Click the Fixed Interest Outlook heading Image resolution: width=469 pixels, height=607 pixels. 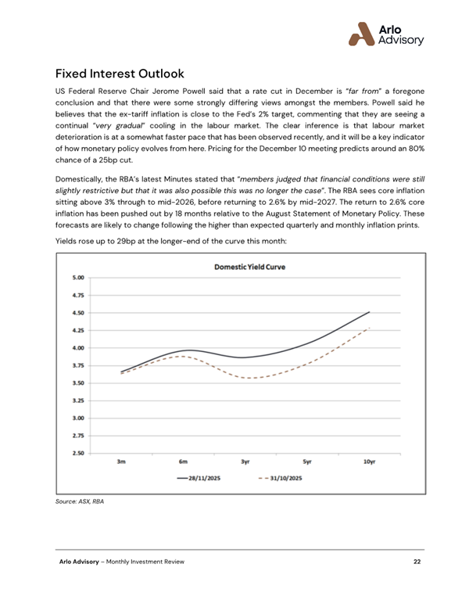(120, 74)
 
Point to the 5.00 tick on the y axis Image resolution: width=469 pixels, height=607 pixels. (77, 278)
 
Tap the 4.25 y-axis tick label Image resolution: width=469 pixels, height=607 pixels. (77, 330)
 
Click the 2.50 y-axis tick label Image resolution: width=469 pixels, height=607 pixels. (77, 453)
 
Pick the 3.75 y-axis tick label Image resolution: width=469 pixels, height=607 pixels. (77, 365)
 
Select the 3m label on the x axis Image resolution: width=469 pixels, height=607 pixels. (122, 462)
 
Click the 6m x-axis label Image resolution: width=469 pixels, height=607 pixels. (183, 462)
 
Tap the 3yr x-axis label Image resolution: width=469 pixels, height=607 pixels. (245, 462)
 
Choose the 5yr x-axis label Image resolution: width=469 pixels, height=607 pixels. (307, 462)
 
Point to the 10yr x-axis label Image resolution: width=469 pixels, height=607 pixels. (369, 462)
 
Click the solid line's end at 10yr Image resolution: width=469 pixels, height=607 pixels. (370, 311)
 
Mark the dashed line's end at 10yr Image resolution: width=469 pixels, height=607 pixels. (370, 327)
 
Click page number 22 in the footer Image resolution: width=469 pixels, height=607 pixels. (418, 562)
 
